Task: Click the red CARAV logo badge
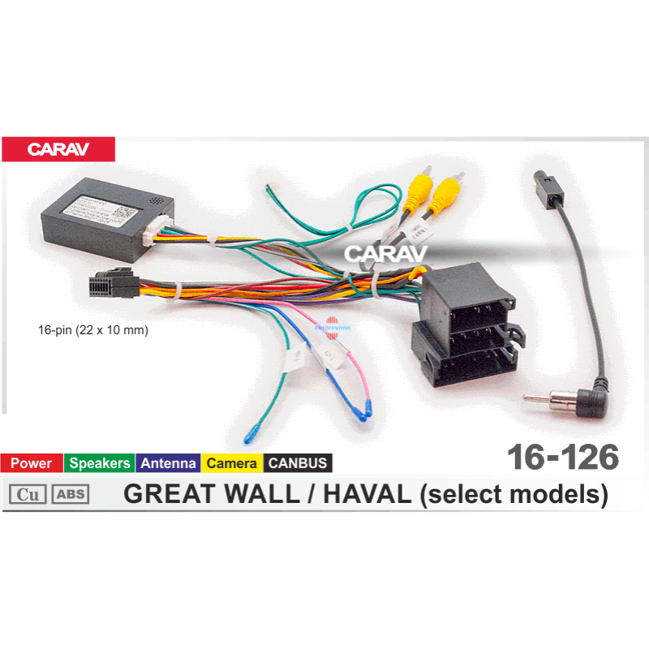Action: pos(58,148)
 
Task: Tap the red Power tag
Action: pos(32,464)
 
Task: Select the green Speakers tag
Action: pos(99,464)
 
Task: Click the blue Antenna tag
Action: pos(167,464)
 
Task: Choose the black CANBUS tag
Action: pos(297,464)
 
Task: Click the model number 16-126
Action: pos(562,458)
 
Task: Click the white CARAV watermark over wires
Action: pos(385,253)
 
